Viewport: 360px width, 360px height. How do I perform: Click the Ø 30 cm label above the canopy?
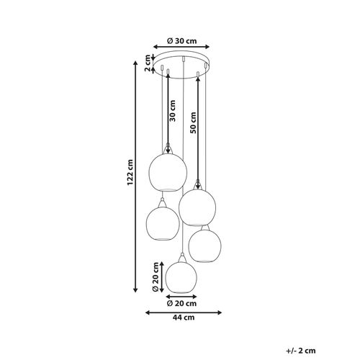pos(184,41)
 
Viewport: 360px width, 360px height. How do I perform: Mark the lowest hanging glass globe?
pos(183,276)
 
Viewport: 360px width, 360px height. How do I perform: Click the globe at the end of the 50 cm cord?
pos(198,206)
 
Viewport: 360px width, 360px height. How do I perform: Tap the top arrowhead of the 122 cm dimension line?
pos(138,60)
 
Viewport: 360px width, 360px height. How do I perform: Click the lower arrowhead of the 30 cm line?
pos(168,152)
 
